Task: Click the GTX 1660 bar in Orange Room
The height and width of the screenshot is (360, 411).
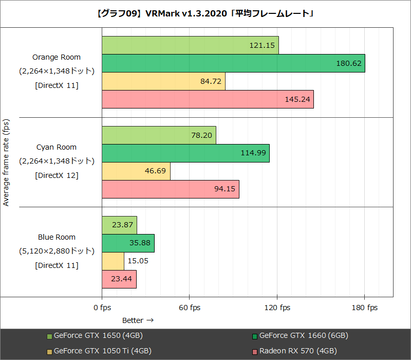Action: coord(233,63)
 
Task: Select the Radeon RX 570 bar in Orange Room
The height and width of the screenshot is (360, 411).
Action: coord(208,99)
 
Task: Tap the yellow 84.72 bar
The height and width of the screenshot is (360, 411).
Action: coord(163,81)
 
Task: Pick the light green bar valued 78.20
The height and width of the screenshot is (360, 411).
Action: coord(159,135)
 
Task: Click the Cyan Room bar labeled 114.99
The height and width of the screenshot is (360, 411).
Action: coord(185,153)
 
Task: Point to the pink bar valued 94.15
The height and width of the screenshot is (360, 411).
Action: coord(171,189)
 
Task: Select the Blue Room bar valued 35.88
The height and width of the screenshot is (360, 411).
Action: coord(128,243)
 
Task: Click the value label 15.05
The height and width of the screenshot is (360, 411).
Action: coord(138,261)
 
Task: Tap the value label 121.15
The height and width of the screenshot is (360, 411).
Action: coord(262,45)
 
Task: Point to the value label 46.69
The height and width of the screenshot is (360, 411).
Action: coord(155,171)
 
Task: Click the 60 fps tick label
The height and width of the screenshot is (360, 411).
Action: coord(190,308)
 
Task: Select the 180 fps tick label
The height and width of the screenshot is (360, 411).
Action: coord(364,308)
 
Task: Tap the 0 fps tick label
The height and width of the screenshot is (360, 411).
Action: coord(102,308)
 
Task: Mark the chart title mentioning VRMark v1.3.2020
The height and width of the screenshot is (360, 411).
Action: coord(206,13)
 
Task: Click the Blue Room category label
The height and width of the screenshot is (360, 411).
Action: coord(57,237)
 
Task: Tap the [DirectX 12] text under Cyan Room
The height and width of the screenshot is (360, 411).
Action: coord(57,175)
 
